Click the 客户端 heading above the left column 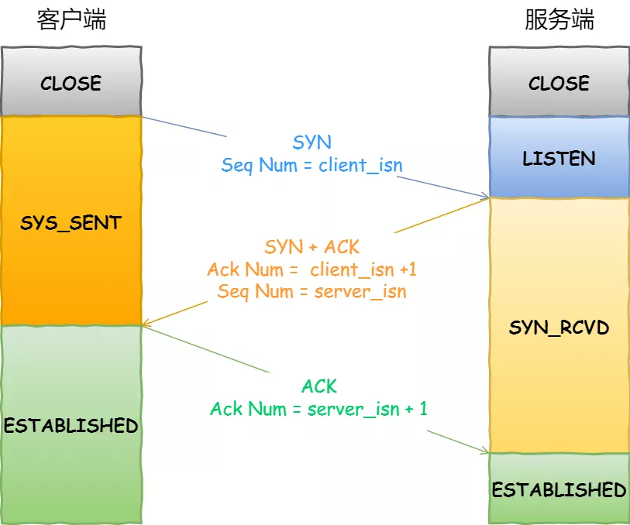click(71, 20)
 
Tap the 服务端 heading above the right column click(559, 20)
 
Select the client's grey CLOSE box click(71, 82)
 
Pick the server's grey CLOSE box click(559, 82)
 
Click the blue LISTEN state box click(559, 157)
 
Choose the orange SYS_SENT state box click(71, 221)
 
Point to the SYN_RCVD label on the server click(559, 328)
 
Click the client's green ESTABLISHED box click(71, 424)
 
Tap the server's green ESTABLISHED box click(559, 489)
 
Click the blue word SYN click(312, 142)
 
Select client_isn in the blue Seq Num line click(360, 165)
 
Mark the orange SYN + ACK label click(312, 247)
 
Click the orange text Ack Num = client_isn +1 click(312, 269)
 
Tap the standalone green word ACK click(319, 386)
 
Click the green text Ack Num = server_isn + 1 click(318, 409)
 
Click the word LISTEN click(559, 159)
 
